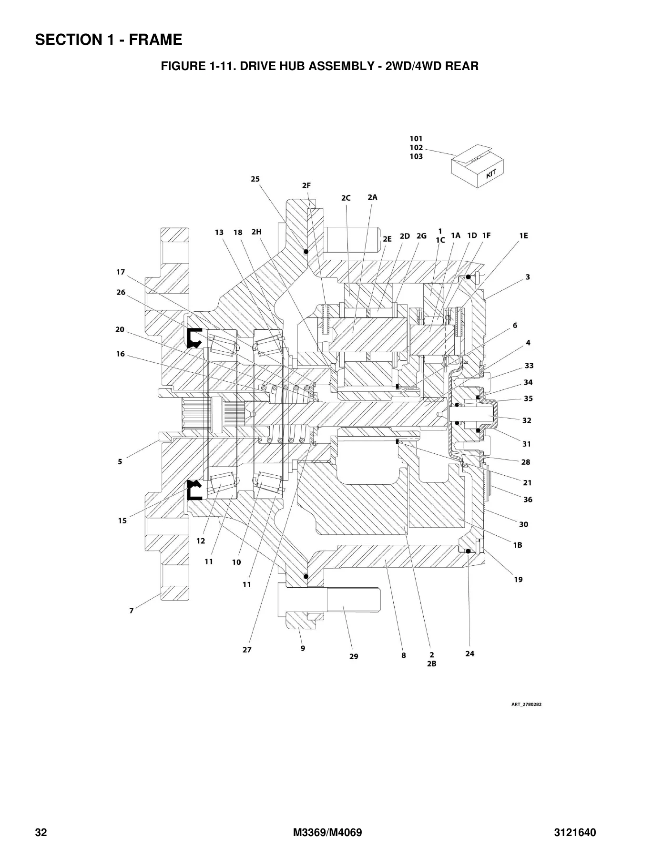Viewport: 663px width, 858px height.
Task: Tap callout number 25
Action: click(x=255, y=179)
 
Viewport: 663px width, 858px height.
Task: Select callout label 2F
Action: click(x=306, y=185)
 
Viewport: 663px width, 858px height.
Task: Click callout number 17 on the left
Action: click(x=121, y=272)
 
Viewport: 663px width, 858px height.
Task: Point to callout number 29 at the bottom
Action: click(x=354, y=656)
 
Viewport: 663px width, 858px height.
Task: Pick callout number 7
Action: click(x=132, y=610)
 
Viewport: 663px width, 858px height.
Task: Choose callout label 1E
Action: click(x=523, y=235)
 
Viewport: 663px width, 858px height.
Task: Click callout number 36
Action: click(x=528, y=500)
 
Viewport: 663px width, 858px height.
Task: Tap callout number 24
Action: click(x=470, y=654)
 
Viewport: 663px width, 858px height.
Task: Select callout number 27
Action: click(x=247, y=650)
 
